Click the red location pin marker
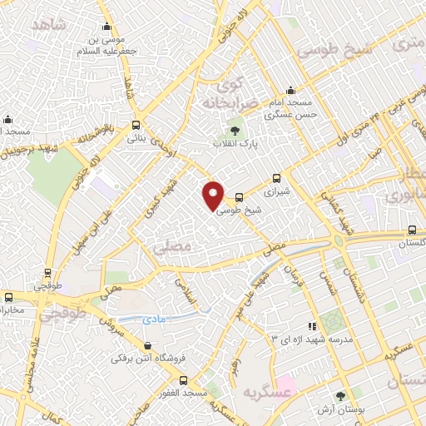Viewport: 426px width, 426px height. tap(214, 196)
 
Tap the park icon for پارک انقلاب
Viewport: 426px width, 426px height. tap(235, 130)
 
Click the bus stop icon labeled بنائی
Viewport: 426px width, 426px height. tap(136, 125)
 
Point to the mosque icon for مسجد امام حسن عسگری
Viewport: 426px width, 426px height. tap(290, 90)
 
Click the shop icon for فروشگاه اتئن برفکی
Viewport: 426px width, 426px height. tap(147, 346)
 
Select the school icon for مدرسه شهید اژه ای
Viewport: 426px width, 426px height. tap(312, 327)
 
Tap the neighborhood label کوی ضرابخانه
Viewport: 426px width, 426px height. tap(225, 95)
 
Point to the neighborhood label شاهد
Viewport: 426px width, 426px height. tap(49, 23)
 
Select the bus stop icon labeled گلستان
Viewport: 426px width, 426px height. tap(412, 230)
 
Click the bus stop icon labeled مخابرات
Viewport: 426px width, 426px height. tap(7, 296)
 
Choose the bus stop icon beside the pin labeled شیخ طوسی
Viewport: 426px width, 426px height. tap(240, 197)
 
